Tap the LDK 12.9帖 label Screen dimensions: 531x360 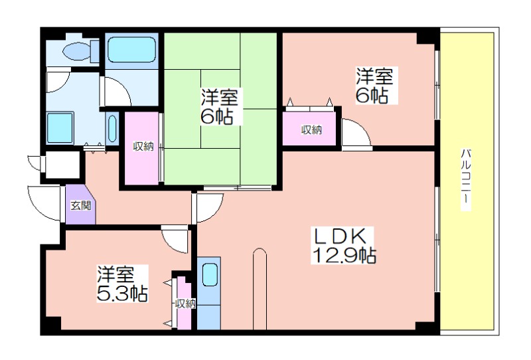[x=342, y=245]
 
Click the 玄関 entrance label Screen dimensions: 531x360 [x=80, y=205]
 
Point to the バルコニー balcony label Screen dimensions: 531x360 [x=466, y=179]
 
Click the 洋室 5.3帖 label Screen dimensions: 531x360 [x=122, y=284]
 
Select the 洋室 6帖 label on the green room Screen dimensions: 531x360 [x=219, y=106]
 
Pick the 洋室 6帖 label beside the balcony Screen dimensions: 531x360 [x=374, y=85]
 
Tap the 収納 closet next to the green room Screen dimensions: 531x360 [x=142, y=149]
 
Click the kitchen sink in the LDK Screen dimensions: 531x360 [x=210, y=274]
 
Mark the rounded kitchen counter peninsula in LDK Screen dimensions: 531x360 [x=260, y=289]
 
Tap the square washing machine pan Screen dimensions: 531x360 [x=60, y=128]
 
